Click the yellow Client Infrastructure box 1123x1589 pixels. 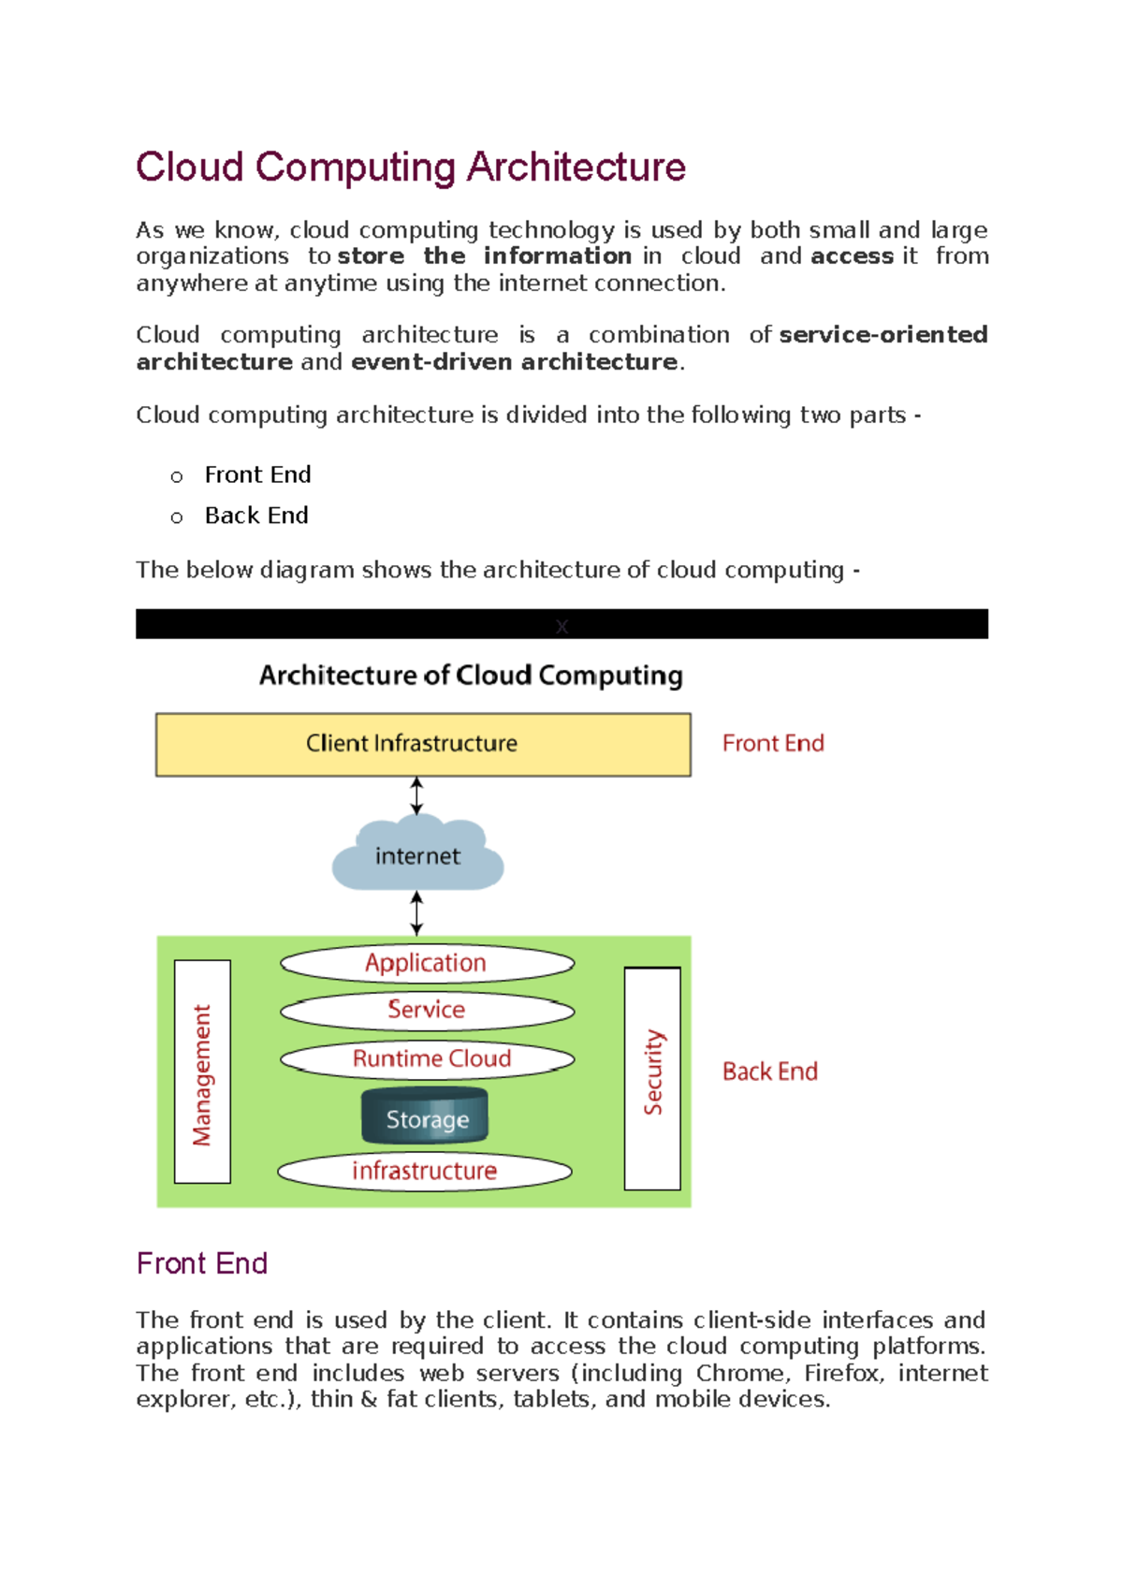(x=423, y=744)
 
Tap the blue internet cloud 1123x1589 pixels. (x=417, y=855)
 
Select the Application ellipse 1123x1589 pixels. (x=427, y=963)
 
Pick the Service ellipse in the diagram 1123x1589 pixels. (x=427, y=1010)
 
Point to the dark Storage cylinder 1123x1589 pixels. (x=426, y=1117)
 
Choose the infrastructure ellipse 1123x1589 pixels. (x=424, y=1171)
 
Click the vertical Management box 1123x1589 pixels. (x=202, y=1071)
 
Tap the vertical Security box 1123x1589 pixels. (x=652, y=1077)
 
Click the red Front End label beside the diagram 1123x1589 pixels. (x=773, y=743)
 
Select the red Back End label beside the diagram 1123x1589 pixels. (x=769, y=1071)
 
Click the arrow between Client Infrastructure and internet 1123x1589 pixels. (x=416, y=796)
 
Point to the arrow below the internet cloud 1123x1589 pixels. (x=416, y=913)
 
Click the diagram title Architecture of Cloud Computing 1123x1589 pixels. (x=471, y=675)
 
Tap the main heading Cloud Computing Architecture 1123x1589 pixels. (x=411, y=167)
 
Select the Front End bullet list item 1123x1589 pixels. (x=257, y=474)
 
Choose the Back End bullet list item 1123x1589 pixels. (x=256, y=516)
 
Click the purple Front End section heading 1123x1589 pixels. (x=202, y=1263)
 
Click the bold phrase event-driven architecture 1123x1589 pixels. (x=514, y=362)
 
